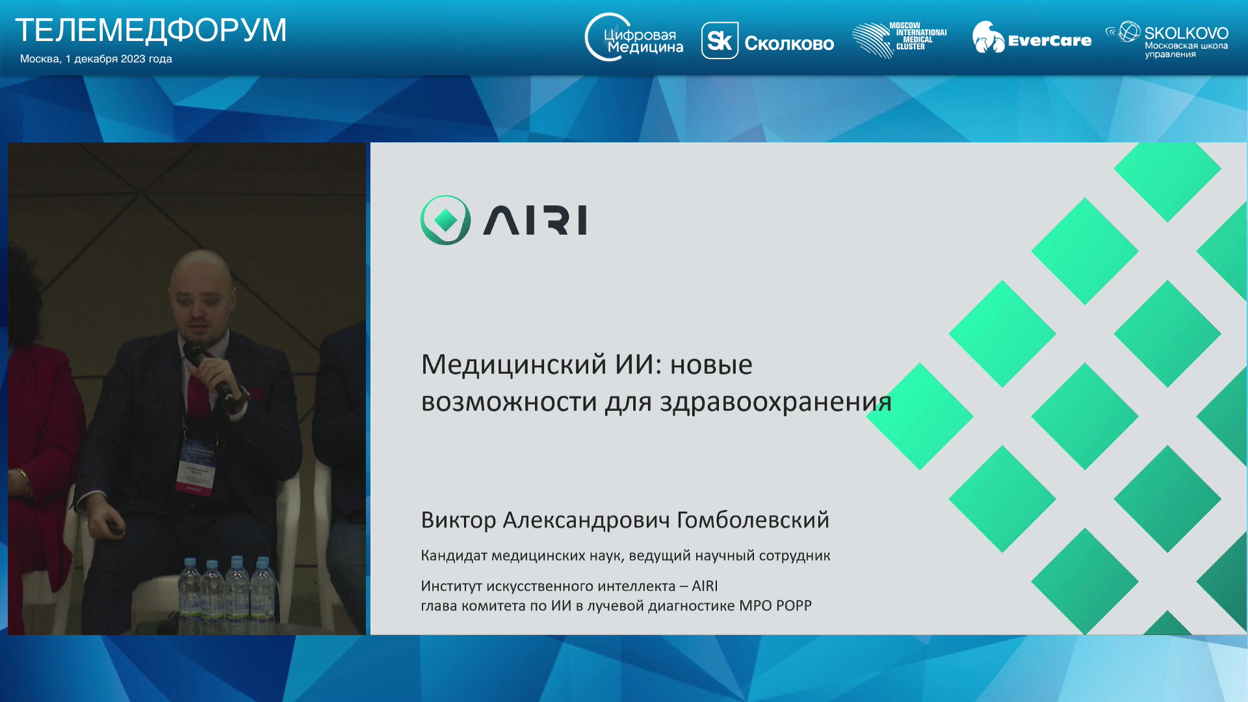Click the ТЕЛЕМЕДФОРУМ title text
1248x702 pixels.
151,30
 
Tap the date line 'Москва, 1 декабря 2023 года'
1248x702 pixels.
96,58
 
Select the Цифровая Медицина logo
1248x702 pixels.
634,38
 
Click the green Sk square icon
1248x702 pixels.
720,40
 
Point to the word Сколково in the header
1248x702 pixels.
789,44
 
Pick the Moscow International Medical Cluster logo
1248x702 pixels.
900,40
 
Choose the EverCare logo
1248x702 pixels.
1032,38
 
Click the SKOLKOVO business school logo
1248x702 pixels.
1167,40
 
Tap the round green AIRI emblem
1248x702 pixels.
445,220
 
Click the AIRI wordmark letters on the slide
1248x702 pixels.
535,220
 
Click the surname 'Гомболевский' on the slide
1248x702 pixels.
753,520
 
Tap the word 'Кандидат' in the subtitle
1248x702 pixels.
454,556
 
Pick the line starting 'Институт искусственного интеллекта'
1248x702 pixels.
569,586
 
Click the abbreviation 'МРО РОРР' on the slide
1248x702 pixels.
775,606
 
